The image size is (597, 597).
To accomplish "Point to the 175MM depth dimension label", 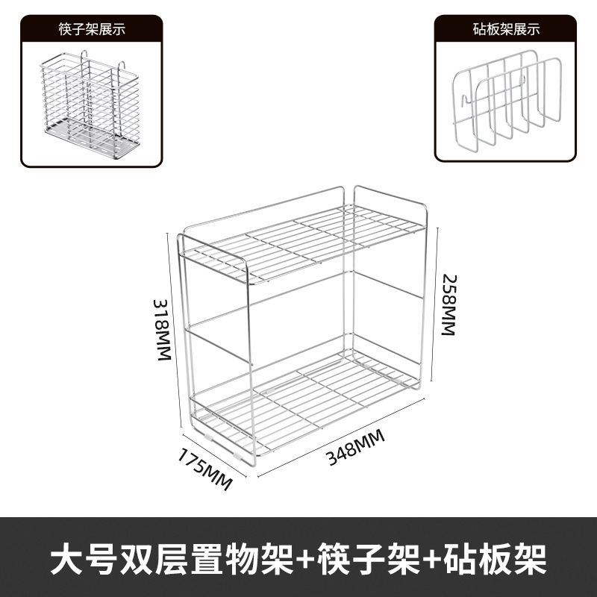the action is click(205, 467).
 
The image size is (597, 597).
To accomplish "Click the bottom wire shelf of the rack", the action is click(306, 396).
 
